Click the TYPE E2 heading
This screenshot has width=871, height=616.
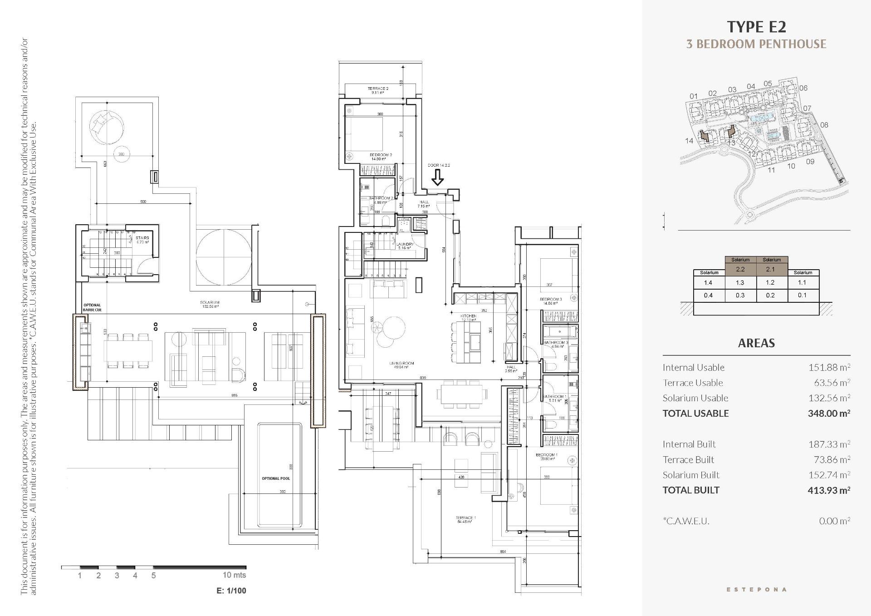(x=756, y=27)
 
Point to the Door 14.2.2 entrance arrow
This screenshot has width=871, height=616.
(x=437, y=177)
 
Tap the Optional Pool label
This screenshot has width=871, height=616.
(x=275, y=478)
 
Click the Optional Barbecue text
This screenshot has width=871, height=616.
(x=92, y=307)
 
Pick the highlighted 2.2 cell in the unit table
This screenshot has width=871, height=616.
(x=740, y=269)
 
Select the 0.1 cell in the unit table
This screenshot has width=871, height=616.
(x=802, y=295)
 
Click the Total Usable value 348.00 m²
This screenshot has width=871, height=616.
(x=829, y=414)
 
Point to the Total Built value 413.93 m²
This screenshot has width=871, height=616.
(x=829, y=490)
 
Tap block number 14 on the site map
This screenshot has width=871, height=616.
(x=689, y=141)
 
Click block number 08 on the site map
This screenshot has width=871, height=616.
(x=824, y=125)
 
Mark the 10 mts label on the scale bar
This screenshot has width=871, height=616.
(x=234, y=575)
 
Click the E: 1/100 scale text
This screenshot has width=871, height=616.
(x=231, y=591)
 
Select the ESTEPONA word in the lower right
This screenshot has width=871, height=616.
(x=756, y=590)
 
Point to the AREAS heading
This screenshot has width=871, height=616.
(x=756, y=343)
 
